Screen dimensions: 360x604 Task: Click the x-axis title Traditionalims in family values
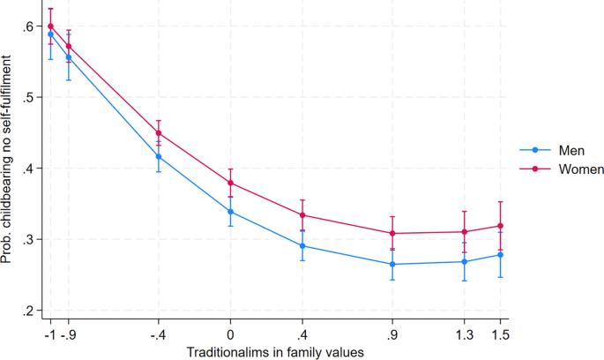pos(274,350)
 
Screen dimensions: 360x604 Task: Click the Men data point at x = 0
pos(231,212)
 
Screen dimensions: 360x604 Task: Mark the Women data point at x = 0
pos(231,184)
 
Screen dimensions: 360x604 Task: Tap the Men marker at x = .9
pos(393,265)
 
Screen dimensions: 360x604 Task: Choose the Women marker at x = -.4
pos(159,133)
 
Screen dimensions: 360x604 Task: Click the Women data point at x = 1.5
pos(501,226)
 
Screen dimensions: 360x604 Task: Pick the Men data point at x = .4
pos(302,246)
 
